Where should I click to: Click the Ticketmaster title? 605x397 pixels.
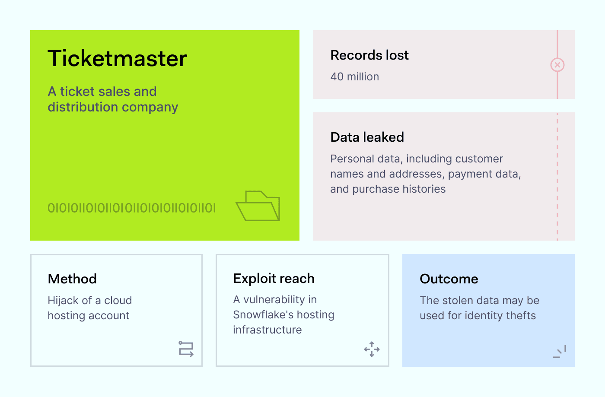click(x=117, y=58)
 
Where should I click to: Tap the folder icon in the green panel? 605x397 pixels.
click(x=258, y=206)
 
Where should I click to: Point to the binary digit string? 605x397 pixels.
click(x=131, y=208)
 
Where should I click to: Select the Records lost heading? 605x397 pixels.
click(x=369, y=55)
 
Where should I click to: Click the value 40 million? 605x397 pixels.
click(x=354, y=77)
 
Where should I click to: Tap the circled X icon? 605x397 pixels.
click(x=557, y=65)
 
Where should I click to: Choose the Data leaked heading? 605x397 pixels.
click(x=367, y=137)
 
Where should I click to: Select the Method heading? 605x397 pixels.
click(x=72, y=279)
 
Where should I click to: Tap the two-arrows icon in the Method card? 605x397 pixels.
click(x=186, y=349)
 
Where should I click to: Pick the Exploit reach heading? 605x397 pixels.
click(x=274, y=279)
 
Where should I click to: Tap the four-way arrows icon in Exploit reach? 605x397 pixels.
click(x=372, y=349)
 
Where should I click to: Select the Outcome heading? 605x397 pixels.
click(x=449, y=279)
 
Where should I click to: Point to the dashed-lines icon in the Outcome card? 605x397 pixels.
click(x=560, y=352)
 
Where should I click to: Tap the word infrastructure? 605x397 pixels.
click(x=267, y=330)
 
